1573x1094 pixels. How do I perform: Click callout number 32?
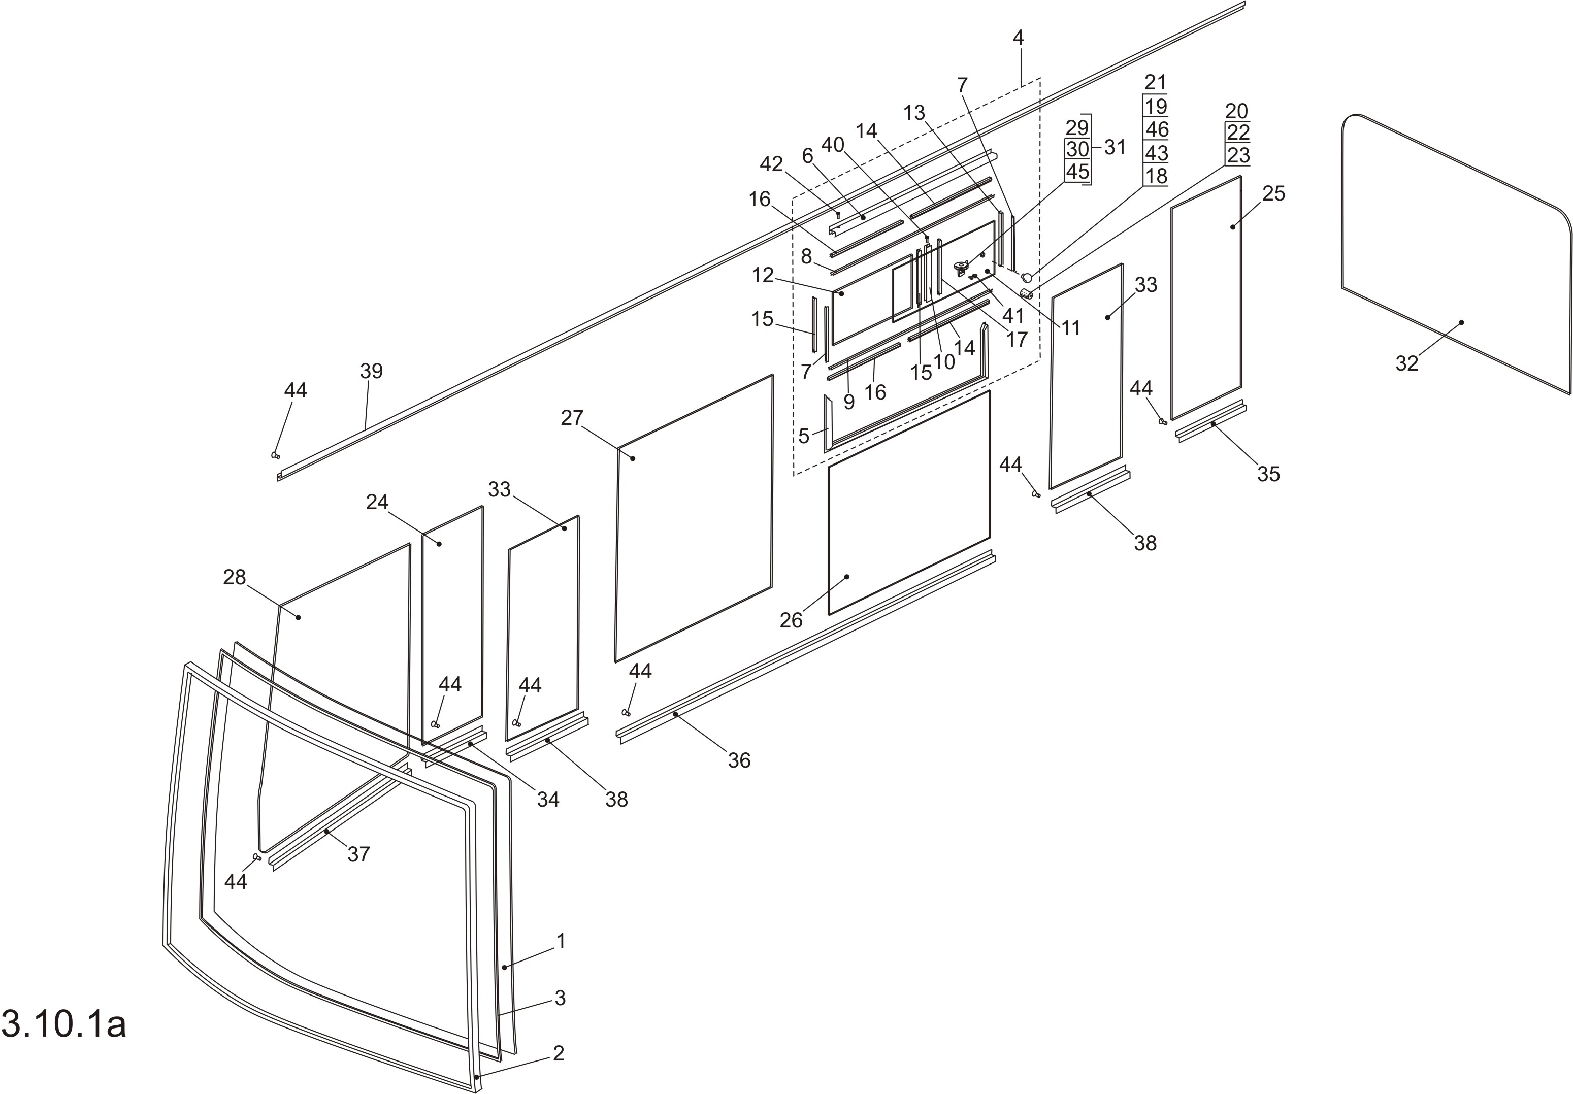click(1406, 363)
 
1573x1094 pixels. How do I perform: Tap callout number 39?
click(371, 371)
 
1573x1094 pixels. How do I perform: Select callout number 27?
click(572, 417)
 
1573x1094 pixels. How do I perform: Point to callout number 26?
click(791, 620)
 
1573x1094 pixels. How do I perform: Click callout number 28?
click(234, 578)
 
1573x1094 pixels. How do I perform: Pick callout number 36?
click(739, 759)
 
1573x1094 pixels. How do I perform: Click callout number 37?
click(358, 853)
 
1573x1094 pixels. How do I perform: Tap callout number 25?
click(1273, 194)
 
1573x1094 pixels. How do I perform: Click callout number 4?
click(1018, 38)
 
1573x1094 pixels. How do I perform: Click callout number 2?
click(559, 1053)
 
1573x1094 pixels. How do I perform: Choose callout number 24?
click(377, 502)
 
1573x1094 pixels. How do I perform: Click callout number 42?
click(771, 164)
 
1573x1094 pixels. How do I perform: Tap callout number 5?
click(804, 435)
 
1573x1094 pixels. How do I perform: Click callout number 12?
click(763, 275)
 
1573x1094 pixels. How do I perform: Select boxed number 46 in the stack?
click(1157, 129)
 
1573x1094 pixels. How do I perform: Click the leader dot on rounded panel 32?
click(1461, 322)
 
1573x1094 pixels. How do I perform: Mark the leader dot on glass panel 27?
click(633, 457)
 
